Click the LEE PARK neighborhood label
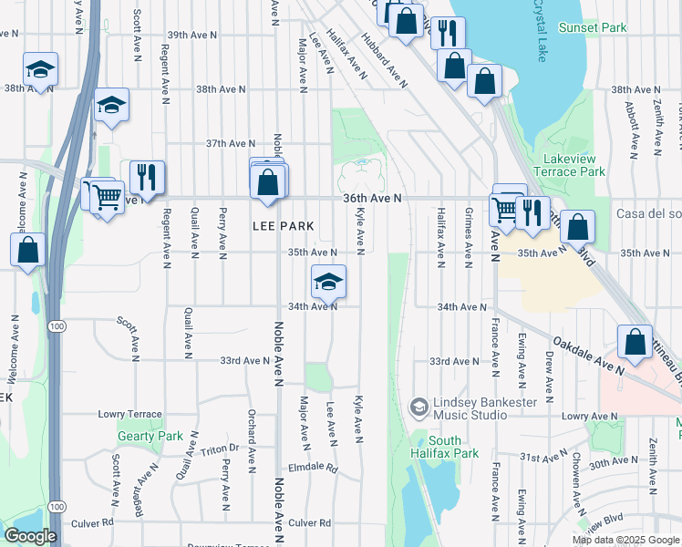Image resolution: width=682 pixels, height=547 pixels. click(283, 226)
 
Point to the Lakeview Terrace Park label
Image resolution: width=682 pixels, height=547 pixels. click(571, 164)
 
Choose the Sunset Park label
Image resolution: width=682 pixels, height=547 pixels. click(593, 27)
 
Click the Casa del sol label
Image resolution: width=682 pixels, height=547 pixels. click(649, 214)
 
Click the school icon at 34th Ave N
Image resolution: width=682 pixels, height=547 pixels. click(328, 282)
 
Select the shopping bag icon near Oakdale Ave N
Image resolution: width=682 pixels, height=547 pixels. click(634, 343)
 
